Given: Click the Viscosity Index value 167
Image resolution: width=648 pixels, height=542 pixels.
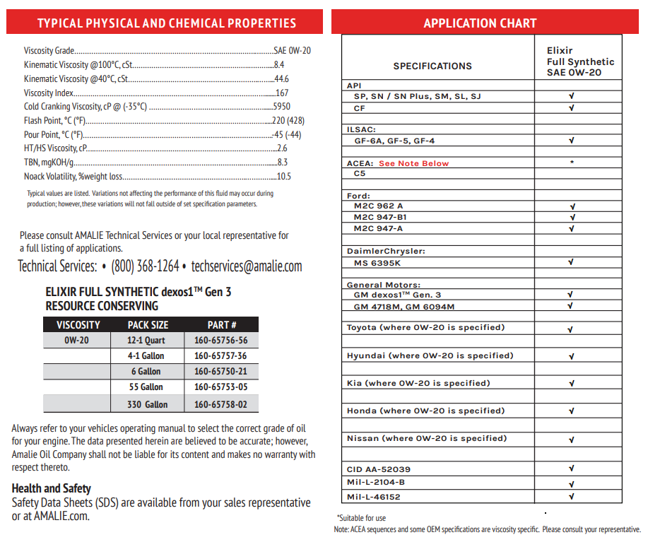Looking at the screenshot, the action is (x=282, y=93).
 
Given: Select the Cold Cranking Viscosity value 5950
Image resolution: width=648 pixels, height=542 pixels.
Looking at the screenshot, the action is (x=281, y=107).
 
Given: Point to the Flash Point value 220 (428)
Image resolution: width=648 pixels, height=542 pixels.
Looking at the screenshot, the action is (x=288, y=121).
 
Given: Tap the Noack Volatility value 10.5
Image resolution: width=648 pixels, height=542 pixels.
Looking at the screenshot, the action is (x=284, y=177).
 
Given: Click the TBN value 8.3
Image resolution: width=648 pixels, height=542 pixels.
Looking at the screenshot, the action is (x=282, y=163).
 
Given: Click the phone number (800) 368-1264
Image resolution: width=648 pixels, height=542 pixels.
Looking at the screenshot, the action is (x=145, y=266).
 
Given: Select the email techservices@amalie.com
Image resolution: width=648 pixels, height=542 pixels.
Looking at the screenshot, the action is (x=247, y=266).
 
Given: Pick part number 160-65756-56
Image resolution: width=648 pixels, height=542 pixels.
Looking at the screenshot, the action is (x=220, y=340).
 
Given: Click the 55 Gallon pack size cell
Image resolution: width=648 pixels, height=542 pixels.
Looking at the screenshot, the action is (x=146, y=387).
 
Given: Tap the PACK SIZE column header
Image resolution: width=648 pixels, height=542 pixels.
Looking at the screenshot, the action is (x=148, y=325).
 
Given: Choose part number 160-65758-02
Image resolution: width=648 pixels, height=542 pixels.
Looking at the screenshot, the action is (x=220, y=404).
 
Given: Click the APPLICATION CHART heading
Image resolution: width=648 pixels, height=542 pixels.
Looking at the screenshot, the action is (x=480, y=23).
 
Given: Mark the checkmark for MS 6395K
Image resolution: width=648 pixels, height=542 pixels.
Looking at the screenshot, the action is (x=571, y=262).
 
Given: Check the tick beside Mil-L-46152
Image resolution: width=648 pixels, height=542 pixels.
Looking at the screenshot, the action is (x=571, y=496).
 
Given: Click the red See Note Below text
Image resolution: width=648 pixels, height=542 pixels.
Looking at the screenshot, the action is (x=413, y=163).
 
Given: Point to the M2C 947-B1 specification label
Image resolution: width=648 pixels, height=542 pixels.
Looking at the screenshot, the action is (x=380, y=217).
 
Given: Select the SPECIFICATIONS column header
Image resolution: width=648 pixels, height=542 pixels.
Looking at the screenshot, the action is (x=432, y=66).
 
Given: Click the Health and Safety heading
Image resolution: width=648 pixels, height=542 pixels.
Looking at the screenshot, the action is (x=52, y=488).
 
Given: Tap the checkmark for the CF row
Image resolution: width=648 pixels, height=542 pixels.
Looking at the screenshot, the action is (x=571, y=108).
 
